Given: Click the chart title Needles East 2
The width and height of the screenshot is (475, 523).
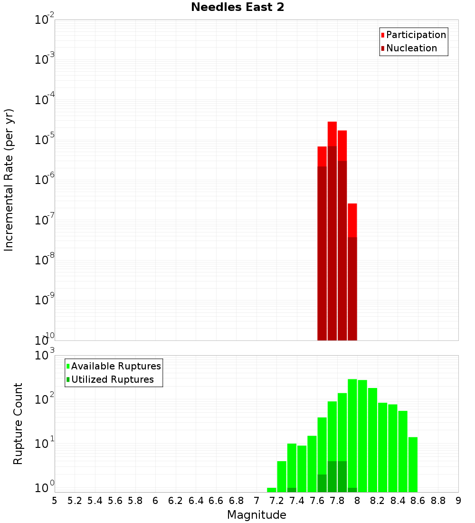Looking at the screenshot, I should [x=237, y=8].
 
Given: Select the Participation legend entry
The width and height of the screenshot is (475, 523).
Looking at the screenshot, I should [x=416, y=35].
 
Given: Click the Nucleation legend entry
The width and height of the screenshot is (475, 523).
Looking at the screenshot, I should [x=411, y=48].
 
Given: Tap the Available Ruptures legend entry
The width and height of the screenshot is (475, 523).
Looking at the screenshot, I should [x=115, y=366].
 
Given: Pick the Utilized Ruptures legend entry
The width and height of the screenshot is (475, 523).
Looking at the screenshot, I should [x=112, y=379].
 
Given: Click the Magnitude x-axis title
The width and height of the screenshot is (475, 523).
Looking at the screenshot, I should [x=256, y=515].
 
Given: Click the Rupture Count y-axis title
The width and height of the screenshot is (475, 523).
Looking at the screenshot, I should [x=18, y=424].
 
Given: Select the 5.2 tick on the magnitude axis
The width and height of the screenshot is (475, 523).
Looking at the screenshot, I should [x=75, y=501].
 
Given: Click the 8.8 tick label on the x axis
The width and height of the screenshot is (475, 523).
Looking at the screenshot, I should [x=438, y=501].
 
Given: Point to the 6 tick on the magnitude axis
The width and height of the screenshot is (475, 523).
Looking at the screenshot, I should [x=155, y=501].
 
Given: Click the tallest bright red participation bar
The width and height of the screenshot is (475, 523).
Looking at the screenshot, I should [x=332, y=134].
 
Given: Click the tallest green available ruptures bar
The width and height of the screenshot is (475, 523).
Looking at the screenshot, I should [x=352, y=428].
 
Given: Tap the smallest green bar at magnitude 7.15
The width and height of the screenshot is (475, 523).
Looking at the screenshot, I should [x=272, y=490].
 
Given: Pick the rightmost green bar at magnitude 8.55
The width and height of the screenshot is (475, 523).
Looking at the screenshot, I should [x=413, y=464].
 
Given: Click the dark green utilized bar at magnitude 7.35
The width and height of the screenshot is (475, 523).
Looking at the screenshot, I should [x=292, y=490].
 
